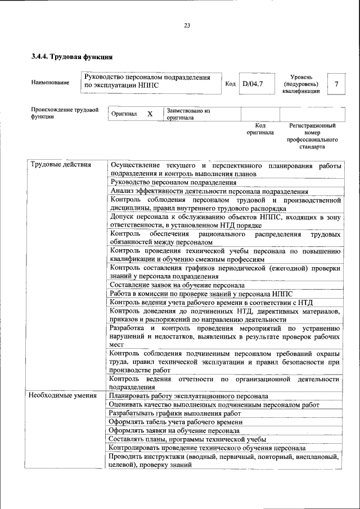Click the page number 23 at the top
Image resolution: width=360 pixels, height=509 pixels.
(187, 25)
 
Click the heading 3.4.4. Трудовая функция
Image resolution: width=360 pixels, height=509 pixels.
(71, 57)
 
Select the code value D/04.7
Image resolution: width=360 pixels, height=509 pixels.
(253, 84)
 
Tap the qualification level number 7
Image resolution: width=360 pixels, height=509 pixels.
(336, 84)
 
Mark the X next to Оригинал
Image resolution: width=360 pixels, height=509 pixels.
(150, 114)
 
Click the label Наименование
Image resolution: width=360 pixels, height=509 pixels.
(51, 83)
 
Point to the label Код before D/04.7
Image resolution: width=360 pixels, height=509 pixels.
(230, 84)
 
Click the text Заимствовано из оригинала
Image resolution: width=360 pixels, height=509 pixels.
(188, 114)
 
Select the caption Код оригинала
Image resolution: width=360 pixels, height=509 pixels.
(260, 129)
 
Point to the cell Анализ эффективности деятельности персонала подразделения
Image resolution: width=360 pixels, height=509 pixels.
(209, 191)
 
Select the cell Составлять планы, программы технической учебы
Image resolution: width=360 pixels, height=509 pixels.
(187, 439)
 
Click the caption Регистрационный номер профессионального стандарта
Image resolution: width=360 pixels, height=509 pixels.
(312, 136)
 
